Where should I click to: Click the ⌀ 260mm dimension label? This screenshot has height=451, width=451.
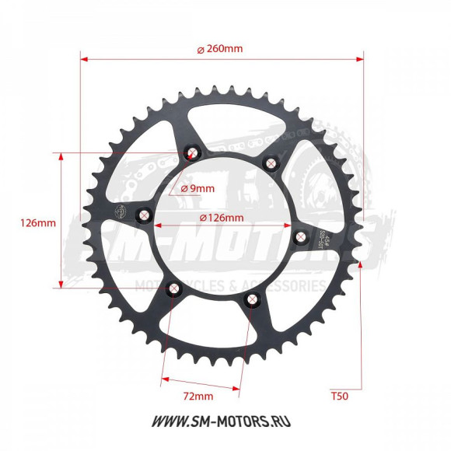point(220,48)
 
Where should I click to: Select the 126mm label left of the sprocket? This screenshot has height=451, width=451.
point(37,222)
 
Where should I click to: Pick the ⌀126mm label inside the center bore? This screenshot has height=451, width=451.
point(222,217)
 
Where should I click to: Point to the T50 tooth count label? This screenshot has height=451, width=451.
point(339,396)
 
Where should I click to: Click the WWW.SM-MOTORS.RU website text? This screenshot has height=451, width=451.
point(226,421)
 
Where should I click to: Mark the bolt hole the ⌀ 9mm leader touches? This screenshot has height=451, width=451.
point(193,152)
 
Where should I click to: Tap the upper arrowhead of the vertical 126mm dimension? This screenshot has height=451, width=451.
point(61,155)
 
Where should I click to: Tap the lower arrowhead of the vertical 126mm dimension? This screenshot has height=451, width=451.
point(61,286)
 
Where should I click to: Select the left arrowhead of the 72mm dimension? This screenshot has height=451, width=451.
point(164,381)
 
